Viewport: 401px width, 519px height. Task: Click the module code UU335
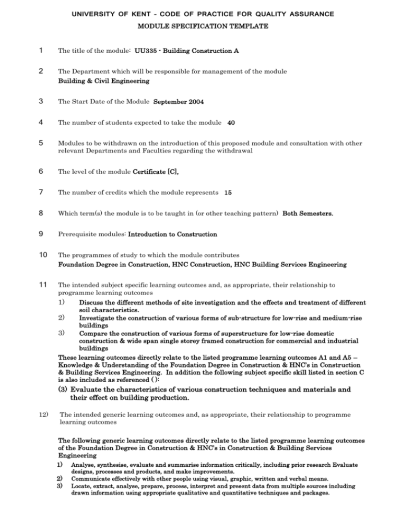coord(146,51)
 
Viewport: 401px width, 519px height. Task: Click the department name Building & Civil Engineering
coord(103,81)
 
